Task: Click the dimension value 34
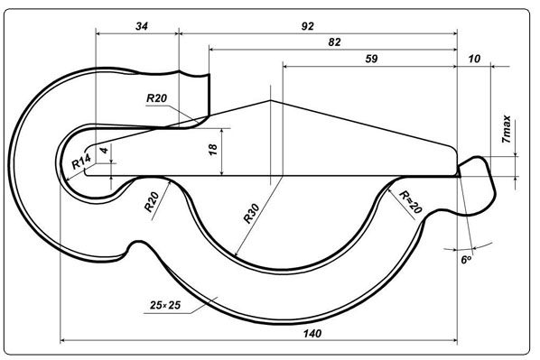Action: [x=142, y=26]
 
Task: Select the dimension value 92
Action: [x=308, y=26]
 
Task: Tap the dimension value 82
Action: [x=334, y=42]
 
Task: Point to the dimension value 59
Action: [x=371, y=59]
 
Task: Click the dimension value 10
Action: [x=474, y=59]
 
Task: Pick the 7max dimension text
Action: [x=507, y=129]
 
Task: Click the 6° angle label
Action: [x=466, y=259]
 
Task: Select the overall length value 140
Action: [x=312, y=333]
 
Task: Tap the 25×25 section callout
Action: [x=165, y=305]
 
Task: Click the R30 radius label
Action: [x=251, y=214]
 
